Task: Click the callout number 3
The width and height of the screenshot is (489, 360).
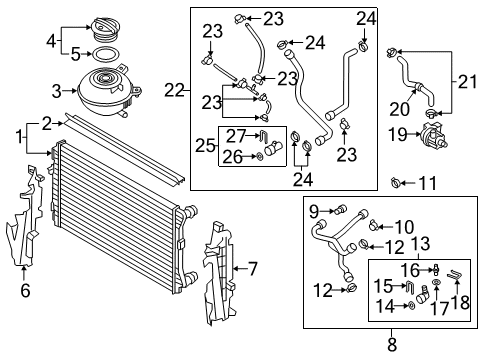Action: (57, 91)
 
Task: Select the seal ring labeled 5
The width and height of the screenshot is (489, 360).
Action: (105, 54)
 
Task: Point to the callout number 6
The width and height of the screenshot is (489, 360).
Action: (25, 291)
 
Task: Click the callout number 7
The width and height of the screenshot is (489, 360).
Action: (253, 269)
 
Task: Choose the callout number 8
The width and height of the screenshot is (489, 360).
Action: (392, 345)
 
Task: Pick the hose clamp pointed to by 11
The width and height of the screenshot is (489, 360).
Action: (396, 182)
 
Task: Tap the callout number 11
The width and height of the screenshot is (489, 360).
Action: (427, 183)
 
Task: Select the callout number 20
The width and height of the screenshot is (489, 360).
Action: (400, 109)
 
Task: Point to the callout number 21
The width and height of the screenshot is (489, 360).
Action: (467, 82)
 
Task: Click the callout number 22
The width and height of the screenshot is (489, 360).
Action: (174, 90)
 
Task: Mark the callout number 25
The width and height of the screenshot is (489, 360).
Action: (205, 145)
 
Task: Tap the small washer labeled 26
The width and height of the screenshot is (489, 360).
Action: (259, 156)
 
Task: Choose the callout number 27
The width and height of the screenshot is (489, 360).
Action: (236, 135)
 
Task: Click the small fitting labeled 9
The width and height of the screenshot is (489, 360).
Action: (341, 209)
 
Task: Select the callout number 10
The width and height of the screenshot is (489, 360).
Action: (405, 227)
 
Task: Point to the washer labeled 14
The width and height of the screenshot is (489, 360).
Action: (410, 305)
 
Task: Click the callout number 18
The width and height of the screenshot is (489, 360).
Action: (460, 303)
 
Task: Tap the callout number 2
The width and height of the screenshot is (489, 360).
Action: (47, 124)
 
